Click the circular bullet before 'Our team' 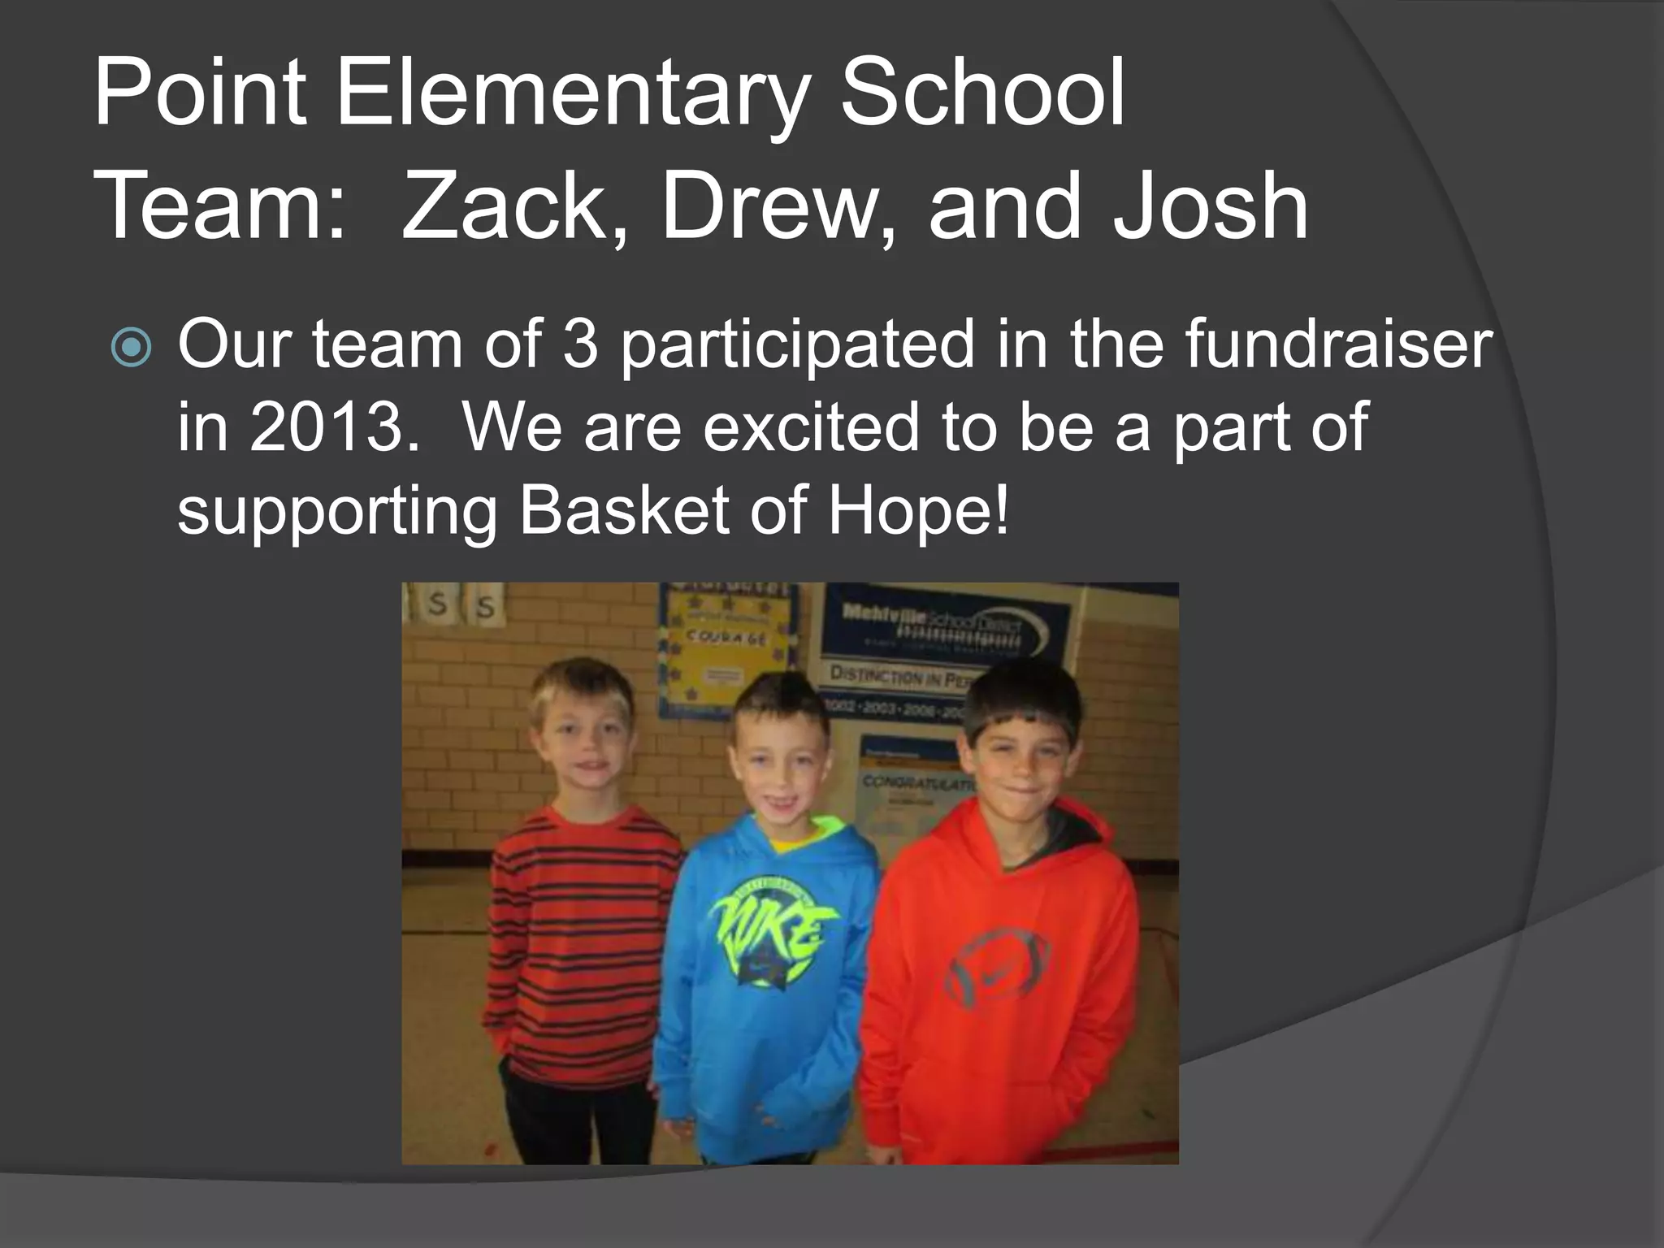pyautogui.click(x=132, y=348)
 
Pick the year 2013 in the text pyautogui.click(x=325, y=429)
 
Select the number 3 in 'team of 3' pyautogui.click(x=581, y=344)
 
